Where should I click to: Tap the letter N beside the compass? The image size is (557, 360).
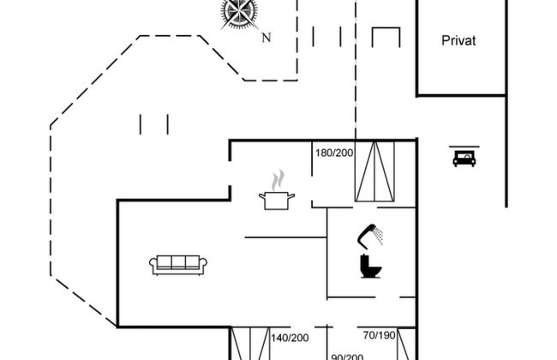pos(267,38)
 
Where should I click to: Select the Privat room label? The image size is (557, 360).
pos(458,40)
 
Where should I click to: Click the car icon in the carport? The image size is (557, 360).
pos(464,159)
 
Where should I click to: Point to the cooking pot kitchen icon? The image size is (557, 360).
pos(277,201)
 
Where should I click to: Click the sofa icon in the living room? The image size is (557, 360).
pos(178,265)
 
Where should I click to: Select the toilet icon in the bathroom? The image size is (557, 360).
pos(370,267)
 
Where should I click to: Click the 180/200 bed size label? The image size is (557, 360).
pos(334,153)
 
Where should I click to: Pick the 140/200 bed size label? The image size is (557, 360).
pos(290,338)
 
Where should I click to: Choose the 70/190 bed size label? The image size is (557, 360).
pos(379,335)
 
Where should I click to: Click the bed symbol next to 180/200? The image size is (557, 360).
pos(374,171)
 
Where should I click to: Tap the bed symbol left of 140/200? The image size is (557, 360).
pos(250,344)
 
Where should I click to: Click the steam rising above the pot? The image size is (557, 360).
pos(278,180)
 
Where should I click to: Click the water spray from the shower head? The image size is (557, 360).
pos(379,236)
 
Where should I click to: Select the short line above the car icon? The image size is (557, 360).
pos(464,147)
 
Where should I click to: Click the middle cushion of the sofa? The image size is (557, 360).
pos(178,262)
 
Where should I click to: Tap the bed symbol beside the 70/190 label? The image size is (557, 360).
pos(405,344)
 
